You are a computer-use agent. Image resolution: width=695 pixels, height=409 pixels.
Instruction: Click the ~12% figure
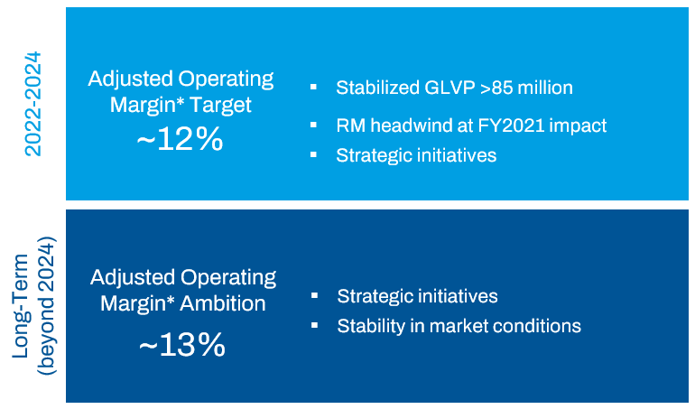[x=181, y=140]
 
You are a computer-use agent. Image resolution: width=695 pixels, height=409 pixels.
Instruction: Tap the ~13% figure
[x=181, y=344]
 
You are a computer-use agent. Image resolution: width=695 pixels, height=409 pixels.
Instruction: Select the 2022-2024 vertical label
[x=33, y=104]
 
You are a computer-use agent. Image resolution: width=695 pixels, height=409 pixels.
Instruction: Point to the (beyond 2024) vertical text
[x=46, y=306]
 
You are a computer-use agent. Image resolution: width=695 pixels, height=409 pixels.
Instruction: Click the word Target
[x=219, y=105]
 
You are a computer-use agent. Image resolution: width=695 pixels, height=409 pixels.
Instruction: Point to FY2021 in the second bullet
[x=506, y=125]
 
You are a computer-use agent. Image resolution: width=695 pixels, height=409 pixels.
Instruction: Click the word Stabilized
[x=377, y=88]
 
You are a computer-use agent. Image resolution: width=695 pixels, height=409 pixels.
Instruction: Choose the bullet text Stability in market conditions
[x=459, y=325]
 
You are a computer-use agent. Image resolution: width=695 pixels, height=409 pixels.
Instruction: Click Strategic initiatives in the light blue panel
[x=416, y=154]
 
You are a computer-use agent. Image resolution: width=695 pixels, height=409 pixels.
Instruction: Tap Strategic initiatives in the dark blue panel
[x=417, y=296]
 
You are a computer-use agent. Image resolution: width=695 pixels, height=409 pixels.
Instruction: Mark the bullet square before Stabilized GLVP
[x=313, y=88]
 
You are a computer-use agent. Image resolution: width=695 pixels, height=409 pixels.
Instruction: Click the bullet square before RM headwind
[x=313, y=125]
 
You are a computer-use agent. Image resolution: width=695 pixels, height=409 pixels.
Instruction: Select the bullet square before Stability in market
[x=314, y=325]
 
